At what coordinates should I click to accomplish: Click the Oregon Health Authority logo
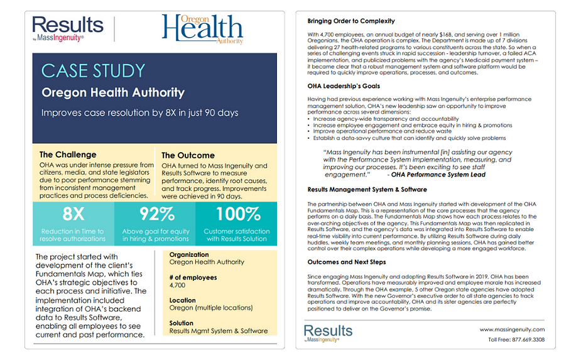pyautogui.click(x=202, y=30)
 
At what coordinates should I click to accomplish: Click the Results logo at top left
pyautogui.click(x=67, y=30)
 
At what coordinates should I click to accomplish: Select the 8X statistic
pyautogui.click(x=73, y=214)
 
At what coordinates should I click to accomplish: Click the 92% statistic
pyautogui.click(x=156, y=214)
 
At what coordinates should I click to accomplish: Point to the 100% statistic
pyautogui.click(x=237, y=214)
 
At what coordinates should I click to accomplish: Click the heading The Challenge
pyautogui.click(x=68, y=154)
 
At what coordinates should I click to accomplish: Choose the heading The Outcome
pyautogui.click(x=188, y=155)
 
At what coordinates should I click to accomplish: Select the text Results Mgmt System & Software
pyautogui.click(x=218, y=330)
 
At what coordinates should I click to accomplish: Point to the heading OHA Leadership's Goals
pyautogui.click(x=344, y=86)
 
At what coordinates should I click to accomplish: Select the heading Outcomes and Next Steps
pyautogui.click(x=347, y=262)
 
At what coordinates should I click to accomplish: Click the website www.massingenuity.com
pyautogui.click(x=512, y=329)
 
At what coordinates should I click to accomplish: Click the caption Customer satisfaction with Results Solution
pyautogui.click(x=237, y=235)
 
